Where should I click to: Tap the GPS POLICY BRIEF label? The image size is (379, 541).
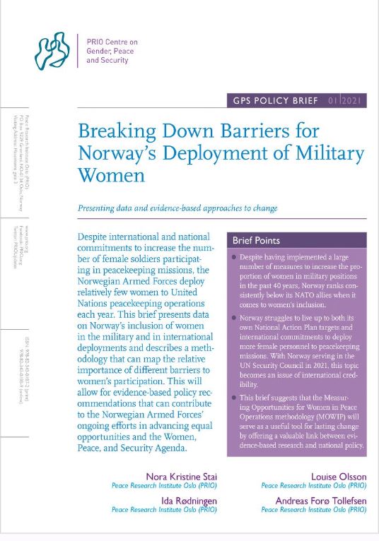(274, 101)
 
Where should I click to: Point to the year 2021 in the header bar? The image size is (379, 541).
(356, 101)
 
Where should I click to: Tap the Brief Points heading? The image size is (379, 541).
(256, 241)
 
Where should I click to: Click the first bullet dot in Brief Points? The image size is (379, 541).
(234, 259)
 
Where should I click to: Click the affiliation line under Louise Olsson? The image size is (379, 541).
(313, 487)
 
